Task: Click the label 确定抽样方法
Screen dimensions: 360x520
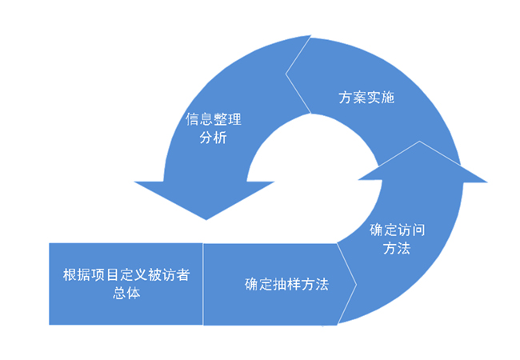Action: [286, 284]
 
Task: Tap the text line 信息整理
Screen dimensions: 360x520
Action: [214, 121]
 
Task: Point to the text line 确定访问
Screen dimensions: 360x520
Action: [398, 230]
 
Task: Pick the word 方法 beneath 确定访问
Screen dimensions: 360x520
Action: [398, 248]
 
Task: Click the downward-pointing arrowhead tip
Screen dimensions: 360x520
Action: [206, 218]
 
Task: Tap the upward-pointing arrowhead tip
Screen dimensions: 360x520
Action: [423, 142]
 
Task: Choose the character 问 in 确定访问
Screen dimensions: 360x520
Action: [418, 230]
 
